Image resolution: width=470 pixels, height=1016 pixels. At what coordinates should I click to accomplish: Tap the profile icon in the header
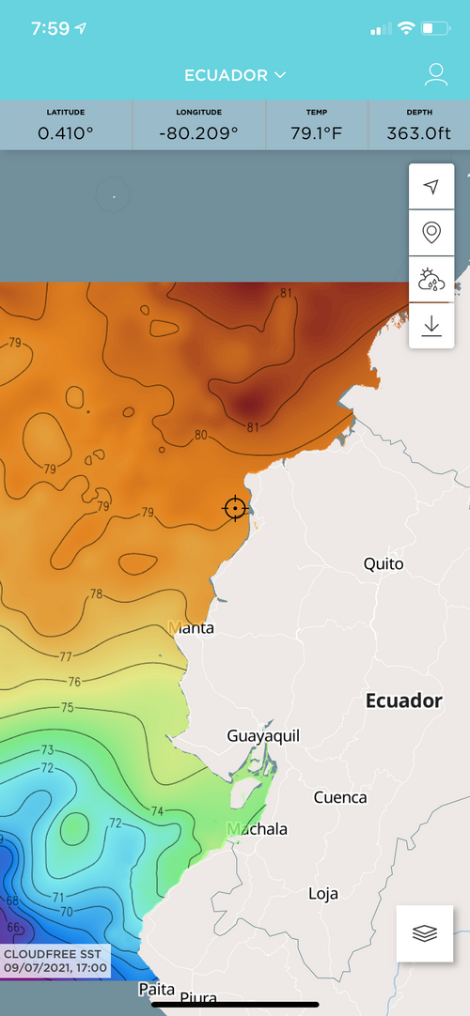tap(435, 75)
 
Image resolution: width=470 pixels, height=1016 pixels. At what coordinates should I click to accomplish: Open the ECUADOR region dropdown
tap(235, 75)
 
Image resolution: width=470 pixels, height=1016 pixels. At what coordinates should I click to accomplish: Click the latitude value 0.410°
tap(66, 132)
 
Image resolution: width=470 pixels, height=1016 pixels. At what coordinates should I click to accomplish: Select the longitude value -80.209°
tap(199, 132)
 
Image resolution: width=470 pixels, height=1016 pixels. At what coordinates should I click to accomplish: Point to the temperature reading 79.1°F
tap(317, 132)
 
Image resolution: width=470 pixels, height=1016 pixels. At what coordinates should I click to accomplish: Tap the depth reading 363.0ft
tap(418, 132)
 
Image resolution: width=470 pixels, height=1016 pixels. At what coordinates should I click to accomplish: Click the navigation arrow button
tap(431, 187)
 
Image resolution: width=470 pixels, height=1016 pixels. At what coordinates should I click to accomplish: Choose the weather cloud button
tap(431, 279)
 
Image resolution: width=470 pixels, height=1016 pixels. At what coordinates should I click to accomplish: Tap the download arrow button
tap(431, 326)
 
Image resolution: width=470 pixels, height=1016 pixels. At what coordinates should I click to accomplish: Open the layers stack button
tap(425, 933)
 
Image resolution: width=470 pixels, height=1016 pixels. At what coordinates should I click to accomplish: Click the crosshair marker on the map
tap(235, 508)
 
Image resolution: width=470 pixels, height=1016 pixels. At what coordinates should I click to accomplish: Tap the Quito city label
tap(384, 564)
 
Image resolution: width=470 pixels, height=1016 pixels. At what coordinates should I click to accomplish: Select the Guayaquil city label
tap(263, 736)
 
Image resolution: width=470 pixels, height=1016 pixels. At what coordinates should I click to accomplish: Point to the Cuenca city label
tap(339, 797)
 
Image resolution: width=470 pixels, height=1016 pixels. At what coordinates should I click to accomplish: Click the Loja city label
tap(322, 894)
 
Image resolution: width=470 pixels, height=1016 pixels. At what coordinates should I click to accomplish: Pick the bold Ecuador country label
tap(403, 700)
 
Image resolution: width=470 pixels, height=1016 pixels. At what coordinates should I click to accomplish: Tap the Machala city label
tap(258, 829)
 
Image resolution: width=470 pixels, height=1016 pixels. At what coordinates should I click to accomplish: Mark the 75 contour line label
tap(68, 708)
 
